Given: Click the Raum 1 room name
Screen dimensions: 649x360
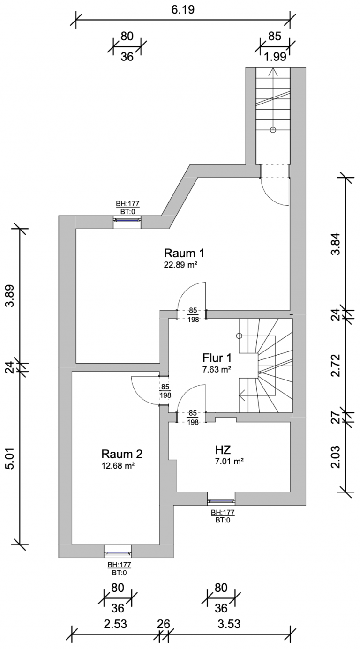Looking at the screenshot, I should (184, 254).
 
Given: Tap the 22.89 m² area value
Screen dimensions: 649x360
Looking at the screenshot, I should (180, 265).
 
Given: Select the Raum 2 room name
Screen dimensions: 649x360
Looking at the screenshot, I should (122, 454).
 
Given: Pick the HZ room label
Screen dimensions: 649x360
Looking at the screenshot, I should (223, 450).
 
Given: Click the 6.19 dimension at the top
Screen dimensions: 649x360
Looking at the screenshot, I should (183, 9).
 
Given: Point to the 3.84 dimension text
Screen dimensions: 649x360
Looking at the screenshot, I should (336, 244).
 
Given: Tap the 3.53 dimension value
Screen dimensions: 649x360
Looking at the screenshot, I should (229, 624).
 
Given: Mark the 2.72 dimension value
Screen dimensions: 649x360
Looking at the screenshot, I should (336, 366).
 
